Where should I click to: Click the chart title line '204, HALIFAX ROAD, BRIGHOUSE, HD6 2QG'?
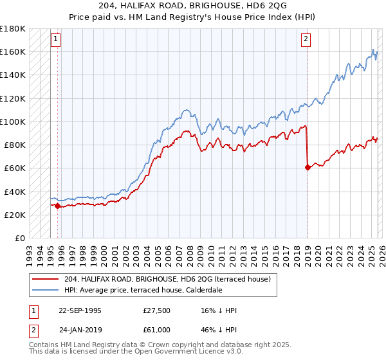[x=193, y=5]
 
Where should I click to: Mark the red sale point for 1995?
[x=58, y=206]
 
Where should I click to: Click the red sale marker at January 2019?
[x=308, y=167]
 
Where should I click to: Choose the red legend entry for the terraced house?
[x=171, y=279]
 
